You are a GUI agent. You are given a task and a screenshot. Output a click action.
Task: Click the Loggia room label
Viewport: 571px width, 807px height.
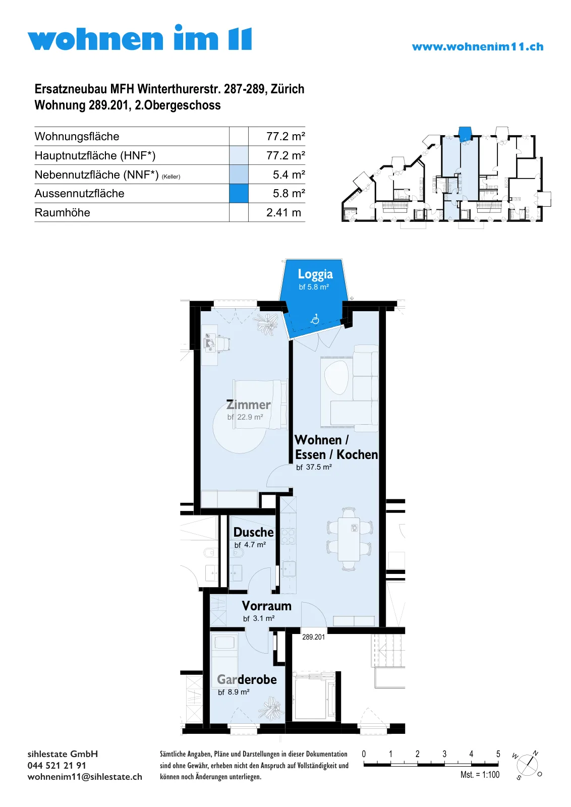315,274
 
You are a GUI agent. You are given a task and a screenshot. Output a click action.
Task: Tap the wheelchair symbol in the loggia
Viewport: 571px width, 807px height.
315,319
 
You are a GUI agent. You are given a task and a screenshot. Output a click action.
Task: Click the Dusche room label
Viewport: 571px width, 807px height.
254,532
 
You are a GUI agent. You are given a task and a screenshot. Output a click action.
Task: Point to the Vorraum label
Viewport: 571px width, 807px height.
267,606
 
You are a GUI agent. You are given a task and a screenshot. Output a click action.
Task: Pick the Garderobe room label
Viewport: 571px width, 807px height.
247,679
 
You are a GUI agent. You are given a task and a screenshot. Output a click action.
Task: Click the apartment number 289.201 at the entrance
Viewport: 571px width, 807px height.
313,638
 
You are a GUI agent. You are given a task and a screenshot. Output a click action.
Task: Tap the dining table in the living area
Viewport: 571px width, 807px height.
349,539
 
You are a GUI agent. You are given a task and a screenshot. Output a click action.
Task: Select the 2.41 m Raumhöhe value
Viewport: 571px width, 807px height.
283,212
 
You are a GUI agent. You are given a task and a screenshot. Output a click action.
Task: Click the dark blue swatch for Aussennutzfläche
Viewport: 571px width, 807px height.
239,194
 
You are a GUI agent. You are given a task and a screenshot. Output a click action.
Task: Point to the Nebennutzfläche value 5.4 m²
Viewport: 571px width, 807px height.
289,175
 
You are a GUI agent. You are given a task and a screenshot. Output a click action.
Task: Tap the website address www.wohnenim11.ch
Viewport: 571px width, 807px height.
478,47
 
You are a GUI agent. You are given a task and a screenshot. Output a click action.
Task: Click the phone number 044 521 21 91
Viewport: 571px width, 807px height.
57,766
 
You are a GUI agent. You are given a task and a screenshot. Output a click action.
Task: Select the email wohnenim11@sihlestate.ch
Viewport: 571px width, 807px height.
85,777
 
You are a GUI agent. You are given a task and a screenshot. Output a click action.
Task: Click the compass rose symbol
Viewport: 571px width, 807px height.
528,765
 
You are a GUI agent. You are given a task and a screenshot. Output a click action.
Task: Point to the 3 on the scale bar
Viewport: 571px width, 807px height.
444,754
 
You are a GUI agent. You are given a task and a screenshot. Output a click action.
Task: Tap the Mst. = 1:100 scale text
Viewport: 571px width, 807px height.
480,775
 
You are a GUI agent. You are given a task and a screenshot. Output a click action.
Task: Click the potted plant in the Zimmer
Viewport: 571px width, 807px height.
267,324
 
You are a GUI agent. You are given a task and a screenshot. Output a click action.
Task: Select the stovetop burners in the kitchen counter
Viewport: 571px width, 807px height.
288,536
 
